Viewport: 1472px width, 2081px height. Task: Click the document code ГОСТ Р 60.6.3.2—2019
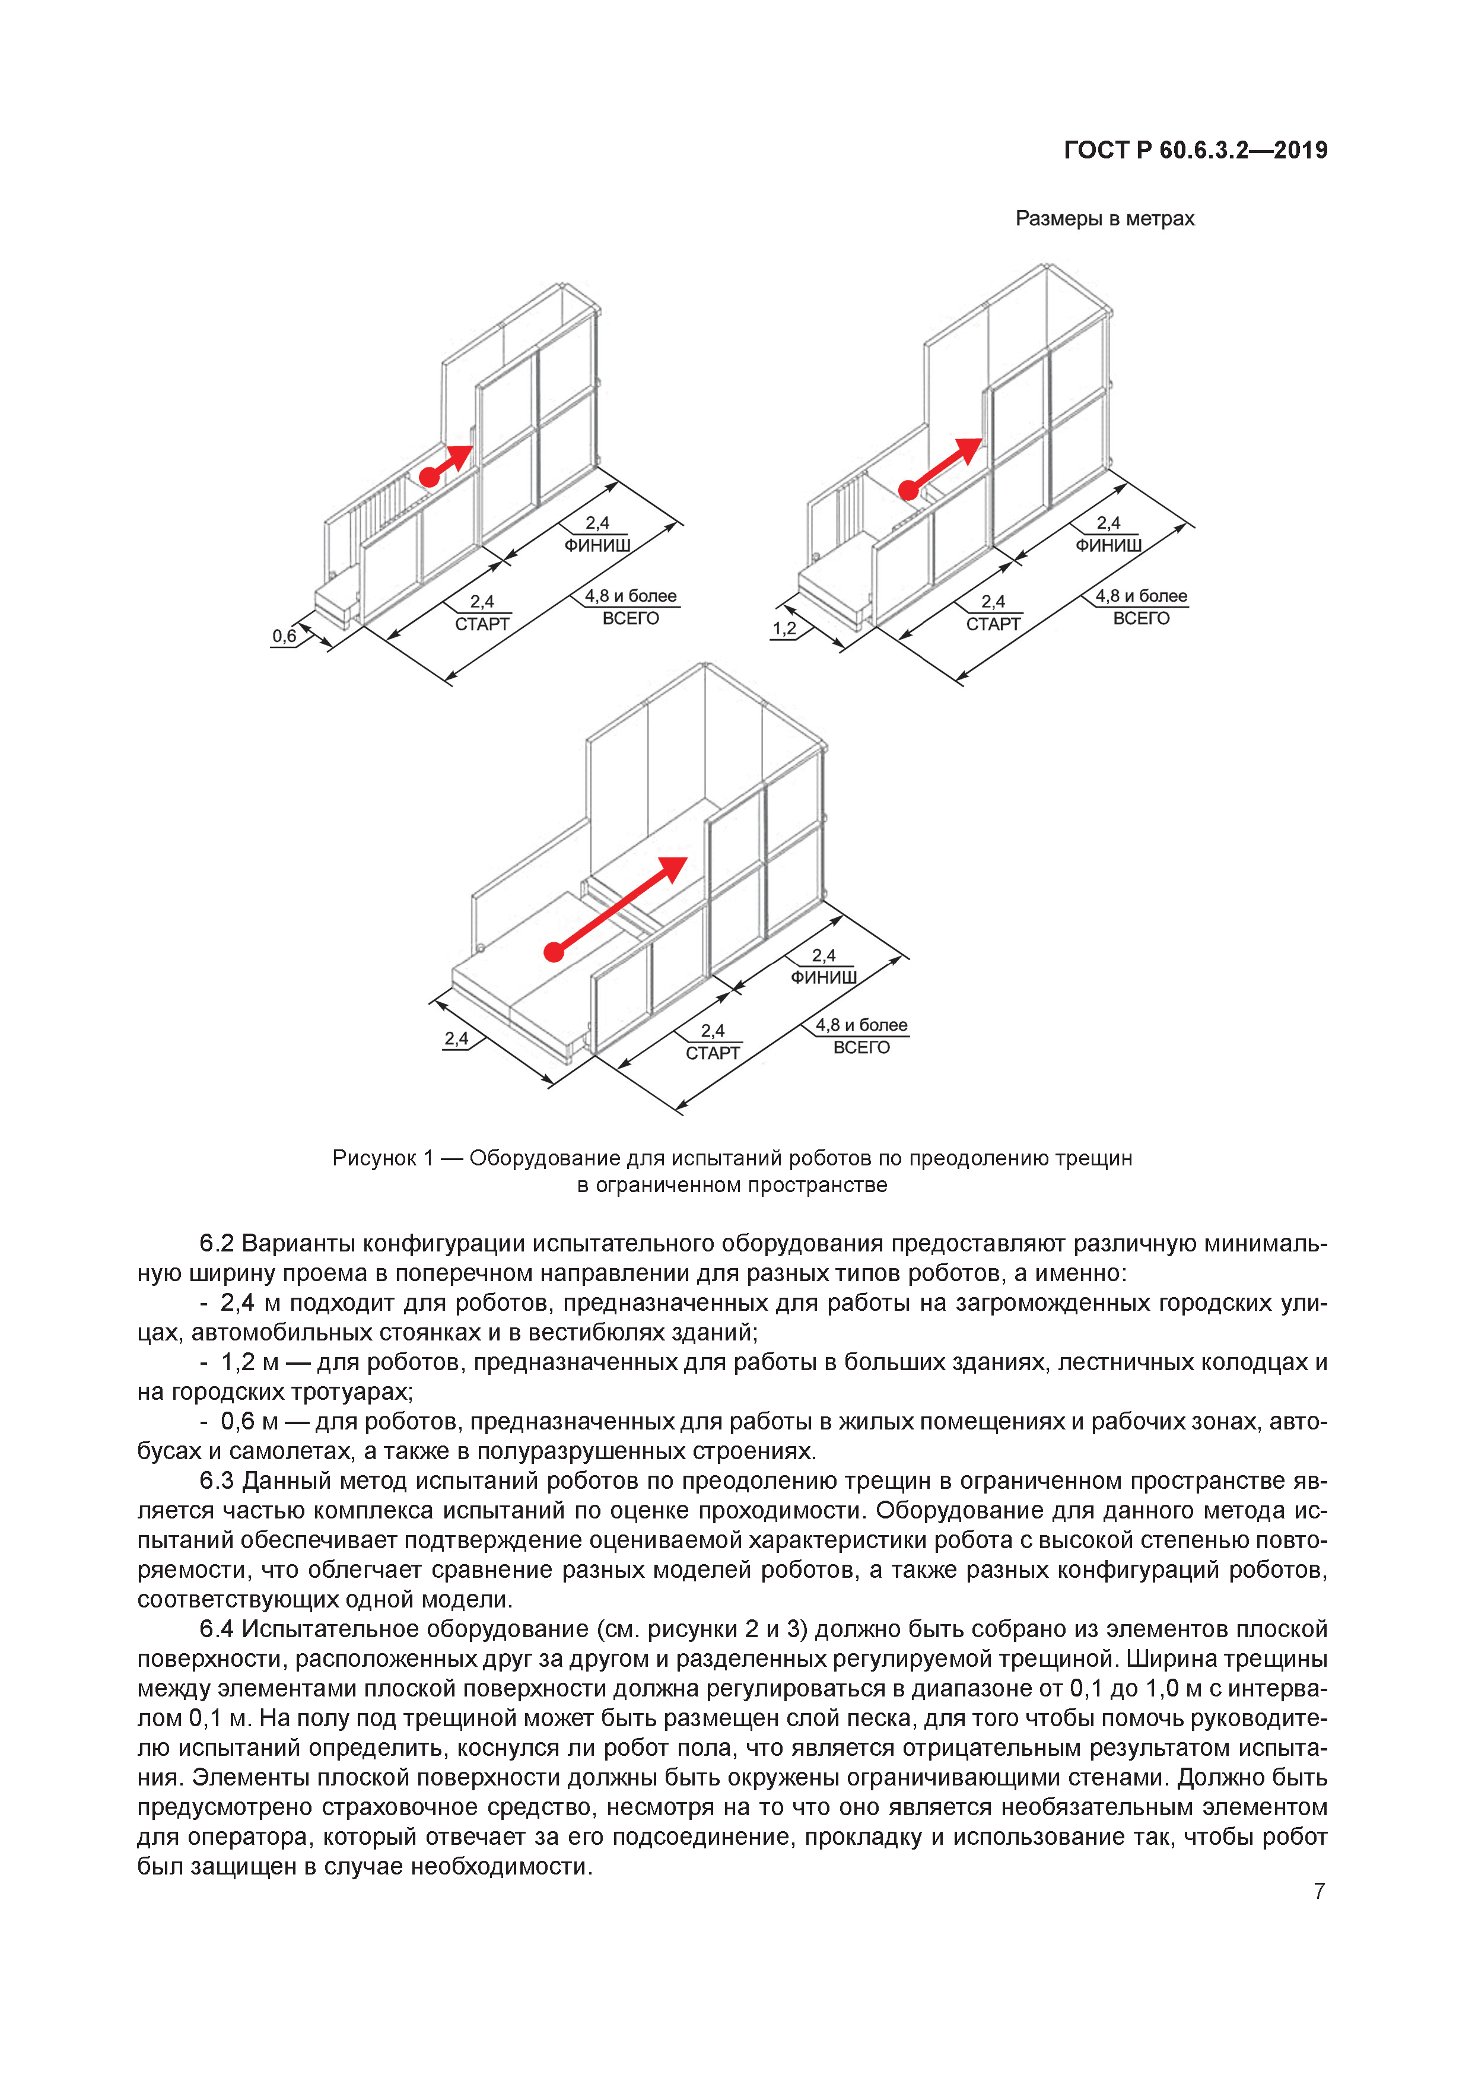pos(1195,151)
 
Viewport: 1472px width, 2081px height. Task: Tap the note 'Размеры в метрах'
pos(1104,218)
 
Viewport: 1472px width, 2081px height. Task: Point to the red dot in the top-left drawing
pos(429,476)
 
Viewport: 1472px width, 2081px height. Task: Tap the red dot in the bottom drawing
pos(553,952)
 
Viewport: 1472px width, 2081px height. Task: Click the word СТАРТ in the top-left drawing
pos(482,624)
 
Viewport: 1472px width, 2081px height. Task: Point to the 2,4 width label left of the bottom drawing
pos(456,1038)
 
